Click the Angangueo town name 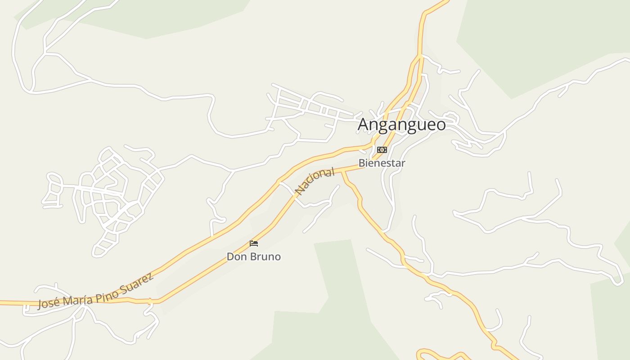401,125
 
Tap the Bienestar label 382,163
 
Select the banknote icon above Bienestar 382,150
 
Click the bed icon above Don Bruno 254,243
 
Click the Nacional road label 315,181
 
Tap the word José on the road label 46,303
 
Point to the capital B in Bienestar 361,163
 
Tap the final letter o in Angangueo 440,125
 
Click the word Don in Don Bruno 235,257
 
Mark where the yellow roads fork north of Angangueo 419,56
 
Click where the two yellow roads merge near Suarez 156,301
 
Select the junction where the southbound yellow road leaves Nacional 343,172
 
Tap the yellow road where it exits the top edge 445,1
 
